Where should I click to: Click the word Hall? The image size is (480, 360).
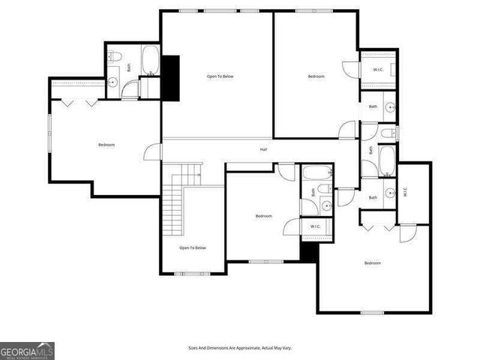point(264,150)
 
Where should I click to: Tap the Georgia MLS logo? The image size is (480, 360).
point(27,350)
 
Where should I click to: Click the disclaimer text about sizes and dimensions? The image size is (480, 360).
point(239,348)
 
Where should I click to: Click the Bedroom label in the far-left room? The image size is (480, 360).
point(106,145)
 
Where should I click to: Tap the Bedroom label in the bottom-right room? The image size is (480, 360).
point(373,263)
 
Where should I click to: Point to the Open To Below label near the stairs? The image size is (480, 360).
point(192,247)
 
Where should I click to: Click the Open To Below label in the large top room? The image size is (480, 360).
point(220,76)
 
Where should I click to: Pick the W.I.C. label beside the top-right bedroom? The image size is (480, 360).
point(379,70)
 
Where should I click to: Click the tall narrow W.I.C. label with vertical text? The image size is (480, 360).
point(404,191)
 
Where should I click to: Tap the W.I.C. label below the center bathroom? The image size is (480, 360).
point(314,226)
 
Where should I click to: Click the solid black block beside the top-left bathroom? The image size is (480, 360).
point(172,77)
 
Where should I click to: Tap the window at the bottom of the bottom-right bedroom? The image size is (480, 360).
point(372,312)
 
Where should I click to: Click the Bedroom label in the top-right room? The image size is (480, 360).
point(316,76)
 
